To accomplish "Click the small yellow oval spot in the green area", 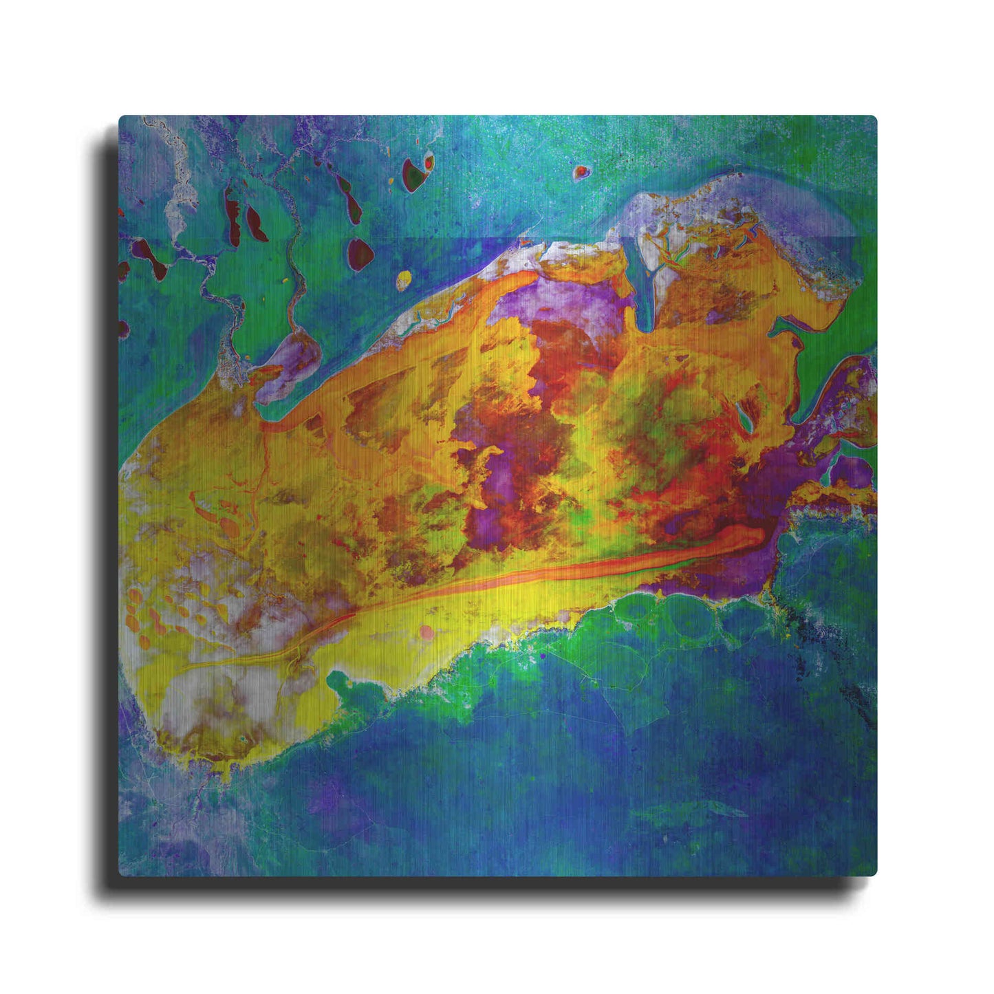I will pyautogui.click(x=404, y=279).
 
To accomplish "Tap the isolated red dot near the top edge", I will pyautogui.click(x=581, y=171).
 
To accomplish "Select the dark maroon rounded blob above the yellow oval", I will pyautogui.click(x=360, y=254).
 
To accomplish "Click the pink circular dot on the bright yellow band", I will pyautogui.click(x=426, y=631).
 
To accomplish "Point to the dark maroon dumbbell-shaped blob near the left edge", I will pyautogui.click(x=150, y=258).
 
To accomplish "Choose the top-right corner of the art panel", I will pyautogui.click(x=875, y=117).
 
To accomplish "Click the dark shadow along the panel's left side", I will pyautogui.click(x=109, y=495).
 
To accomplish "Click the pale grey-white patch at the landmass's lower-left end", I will pyautogui.click(x=186, y=695).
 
